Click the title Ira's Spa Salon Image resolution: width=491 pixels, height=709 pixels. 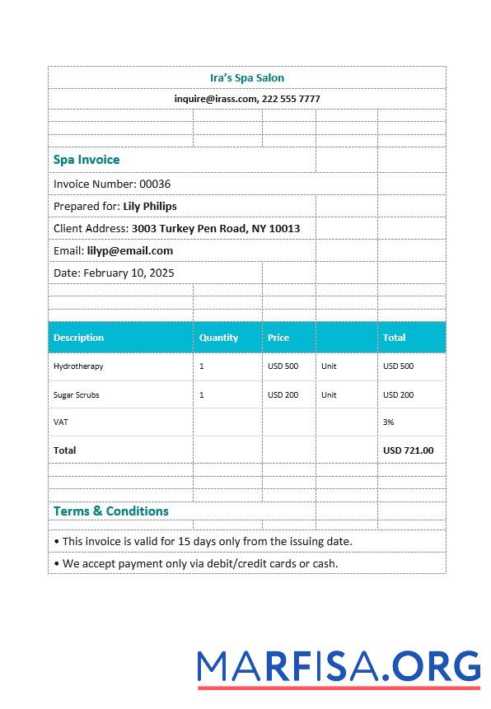(x=247, y=78)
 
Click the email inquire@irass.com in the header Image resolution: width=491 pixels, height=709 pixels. (x=215, y=99)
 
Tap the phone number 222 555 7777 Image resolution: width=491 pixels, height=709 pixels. (x=291, y=99)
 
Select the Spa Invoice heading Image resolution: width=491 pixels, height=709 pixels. (x=87, y=160)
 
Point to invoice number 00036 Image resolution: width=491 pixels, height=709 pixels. (x=155, y=184)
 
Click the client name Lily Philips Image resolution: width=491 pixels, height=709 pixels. (x=150, y=206)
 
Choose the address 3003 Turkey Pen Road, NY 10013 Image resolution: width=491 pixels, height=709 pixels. (x=216, y=228)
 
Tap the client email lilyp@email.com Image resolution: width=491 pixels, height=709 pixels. (x=130, y=250)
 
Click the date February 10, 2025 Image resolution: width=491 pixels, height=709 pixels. (x=129, y=273)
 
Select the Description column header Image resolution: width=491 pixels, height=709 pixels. (x=79, y=338)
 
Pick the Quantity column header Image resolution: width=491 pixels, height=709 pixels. (x=218, y=338)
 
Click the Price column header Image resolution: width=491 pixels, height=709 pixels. (x=278, y=338)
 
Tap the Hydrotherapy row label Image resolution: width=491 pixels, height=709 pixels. (x=78, y=366)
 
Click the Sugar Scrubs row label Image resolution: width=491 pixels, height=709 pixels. (x=77, y=395)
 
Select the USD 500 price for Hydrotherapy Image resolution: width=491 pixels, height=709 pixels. (x=283, y=366)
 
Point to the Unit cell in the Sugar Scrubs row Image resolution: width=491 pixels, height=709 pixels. (x=329, y=395)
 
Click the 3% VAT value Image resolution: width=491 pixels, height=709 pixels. (x=389, y=422)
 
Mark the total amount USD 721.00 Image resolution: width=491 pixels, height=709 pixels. (x=408, y=450)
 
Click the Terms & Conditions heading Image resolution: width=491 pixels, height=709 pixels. (x=111, y=511)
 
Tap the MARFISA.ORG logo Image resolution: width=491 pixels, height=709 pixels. (x=338, y=667)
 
